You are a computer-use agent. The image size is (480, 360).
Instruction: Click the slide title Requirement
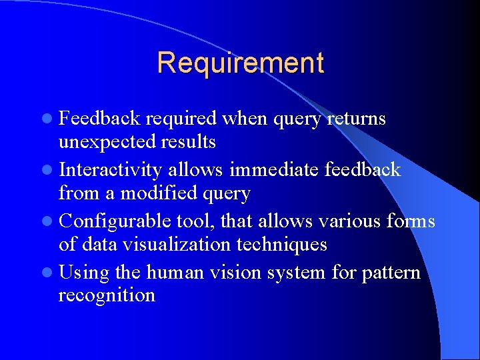(x=241, y=63)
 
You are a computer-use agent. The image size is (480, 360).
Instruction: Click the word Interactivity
(x=110, y=170)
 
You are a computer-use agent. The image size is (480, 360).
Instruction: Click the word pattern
(x=391, y=273)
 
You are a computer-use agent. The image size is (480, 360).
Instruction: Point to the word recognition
(x=107, y=295)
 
